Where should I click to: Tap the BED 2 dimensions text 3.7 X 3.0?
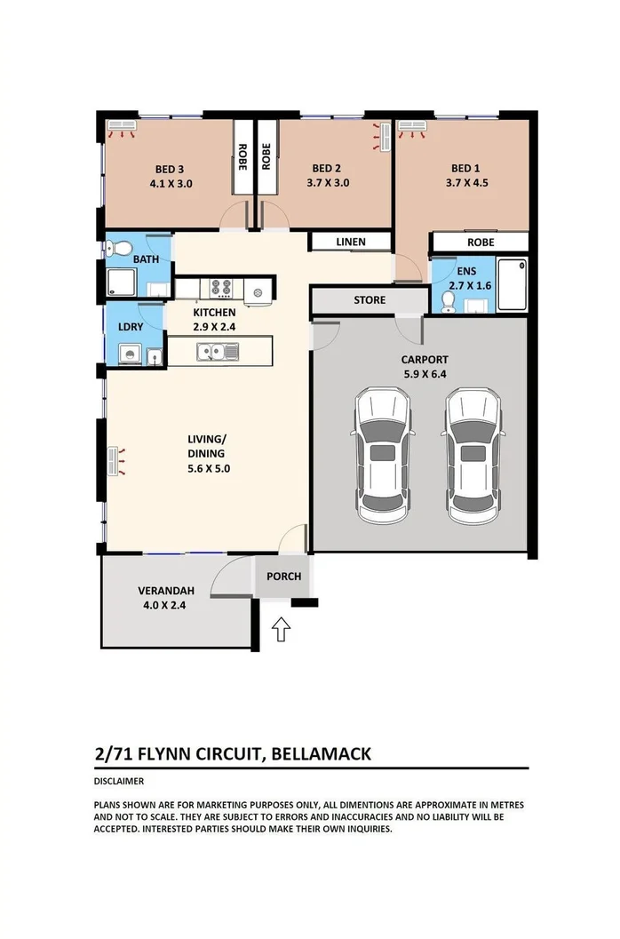tap(326, 184)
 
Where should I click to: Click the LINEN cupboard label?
tap(350, 242)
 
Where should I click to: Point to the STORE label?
tap(370, 300)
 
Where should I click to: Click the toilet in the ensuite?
tap(447, 303)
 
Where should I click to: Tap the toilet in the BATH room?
tap(124, 246)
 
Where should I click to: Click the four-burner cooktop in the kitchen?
tap(221, 288)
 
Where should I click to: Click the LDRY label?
tap(131, 327)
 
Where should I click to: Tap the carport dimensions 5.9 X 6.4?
tap(423, 375)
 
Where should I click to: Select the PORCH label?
tap(284, 577)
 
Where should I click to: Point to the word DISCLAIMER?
tap(119, 782)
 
